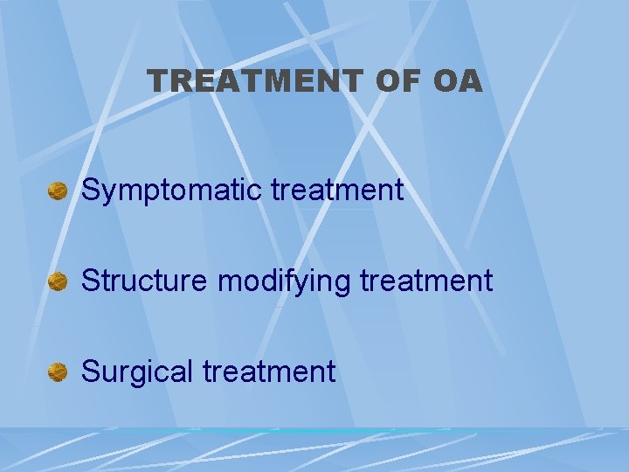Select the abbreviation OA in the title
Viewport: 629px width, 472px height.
[457, 81]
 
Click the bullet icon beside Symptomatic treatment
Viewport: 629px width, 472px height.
[58, 191]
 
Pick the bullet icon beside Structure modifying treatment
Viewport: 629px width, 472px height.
[58, 281]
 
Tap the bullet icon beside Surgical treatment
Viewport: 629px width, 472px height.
[58, 372]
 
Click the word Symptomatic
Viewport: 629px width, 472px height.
[172, 191]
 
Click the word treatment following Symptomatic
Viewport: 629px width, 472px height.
[337, 191]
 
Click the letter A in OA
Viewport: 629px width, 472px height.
[469, 81]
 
